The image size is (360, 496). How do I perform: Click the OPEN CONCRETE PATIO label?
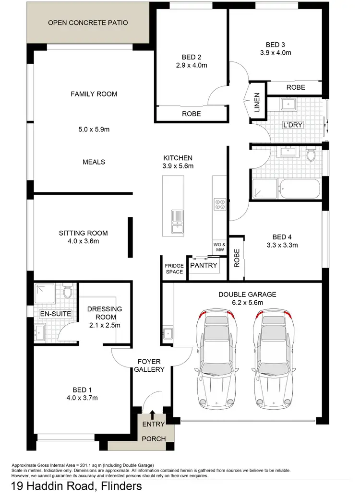[87, 23]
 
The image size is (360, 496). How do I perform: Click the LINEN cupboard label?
[257, 103]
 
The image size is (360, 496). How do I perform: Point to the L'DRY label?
[293, 125]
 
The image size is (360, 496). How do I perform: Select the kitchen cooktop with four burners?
[220, 205]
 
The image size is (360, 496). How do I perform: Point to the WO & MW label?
[219, 247]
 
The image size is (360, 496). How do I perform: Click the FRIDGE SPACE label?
[174, 269]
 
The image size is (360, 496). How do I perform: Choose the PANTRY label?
[204, 265]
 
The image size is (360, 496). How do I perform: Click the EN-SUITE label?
[56, 314]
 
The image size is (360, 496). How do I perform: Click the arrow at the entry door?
[153, 414]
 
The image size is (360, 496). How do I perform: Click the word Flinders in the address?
[120, 486]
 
